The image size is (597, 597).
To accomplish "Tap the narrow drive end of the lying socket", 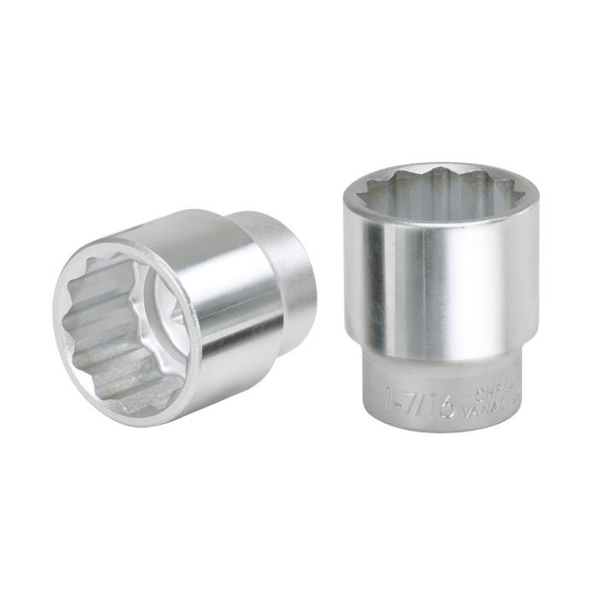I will (286, 256).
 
